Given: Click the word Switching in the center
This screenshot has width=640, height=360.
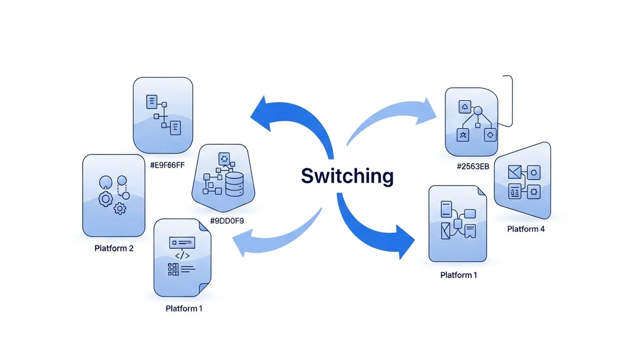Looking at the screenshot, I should pyautogui.click(x=347, y=176).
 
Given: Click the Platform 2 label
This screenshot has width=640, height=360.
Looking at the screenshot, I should pyautogui.click(x=114, y=248).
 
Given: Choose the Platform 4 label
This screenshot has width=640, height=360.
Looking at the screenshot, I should pyautogui.click(x=525, y=229).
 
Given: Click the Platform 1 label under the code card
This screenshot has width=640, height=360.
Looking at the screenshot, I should pyautogui.click(x=184, y=308).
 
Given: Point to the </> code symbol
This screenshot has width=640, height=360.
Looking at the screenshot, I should pyautogui.click(x=182, y=255).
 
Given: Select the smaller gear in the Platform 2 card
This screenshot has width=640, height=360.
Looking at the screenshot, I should pyautogui.click(x=121, y=209).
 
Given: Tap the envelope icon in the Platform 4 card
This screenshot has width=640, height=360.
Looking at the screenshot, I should pyautogui.click(x=515, y=172).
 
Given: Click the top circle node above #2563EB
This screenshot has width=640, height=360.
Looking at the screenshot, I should pyautogui.click(x=478, y=110).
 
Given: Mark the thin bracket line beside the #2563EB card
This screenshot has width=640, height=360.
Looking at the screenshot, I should pyautogui.click(x=510, y=101).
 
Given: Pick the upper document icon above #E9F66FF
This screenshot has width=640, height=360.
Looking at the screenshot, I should pyautogui.click(x=152, y=101).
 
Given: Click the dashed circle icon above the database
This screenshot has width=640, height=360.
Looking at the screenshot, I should pyautogui.click(x=224, y=158).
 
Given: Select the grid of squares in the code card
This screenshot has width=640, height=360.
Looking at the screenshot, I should pyautogui.click(x=173, y=269).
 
